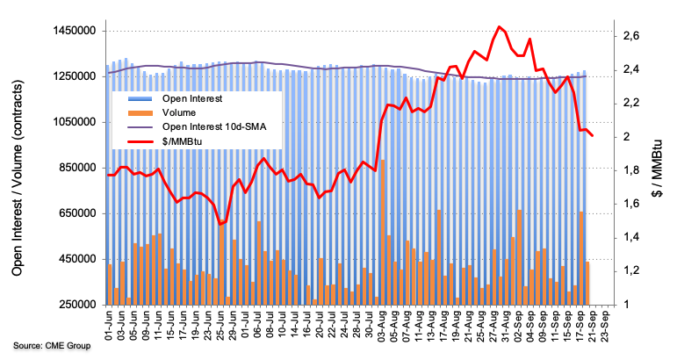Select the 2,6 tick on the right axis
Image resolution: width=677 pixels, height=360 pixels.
click(x=631, y=36)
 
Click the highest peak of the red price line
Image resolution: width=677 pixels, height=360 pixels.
click(x=499, y=27)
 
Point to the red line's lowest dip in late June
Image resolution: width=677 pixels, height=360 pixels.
click(x=220, y=224)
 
